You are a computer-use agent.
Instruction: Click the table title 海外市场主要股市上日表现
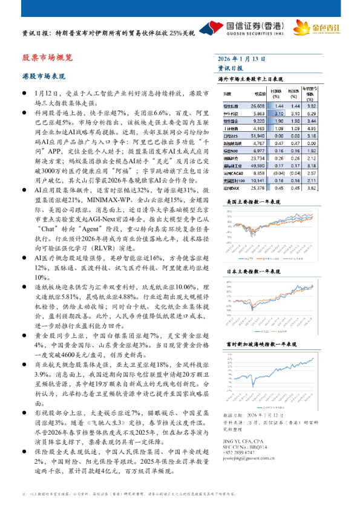(250, 79)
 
